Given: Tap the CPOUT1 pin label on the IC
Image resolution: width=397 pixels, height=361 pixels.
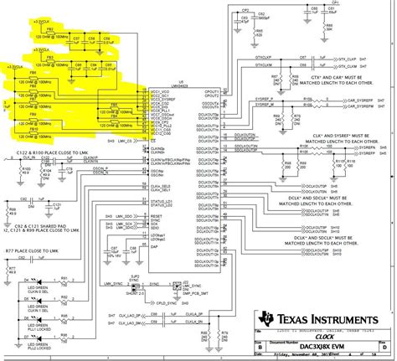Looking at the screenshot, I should (x=210, y=91).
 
